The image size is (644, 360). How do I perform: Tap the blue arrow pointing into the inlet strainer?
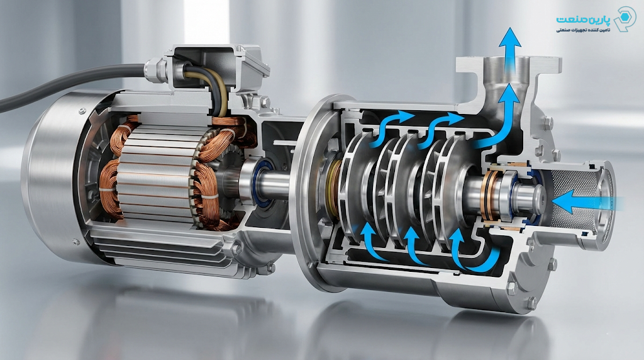coord(587,201)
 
